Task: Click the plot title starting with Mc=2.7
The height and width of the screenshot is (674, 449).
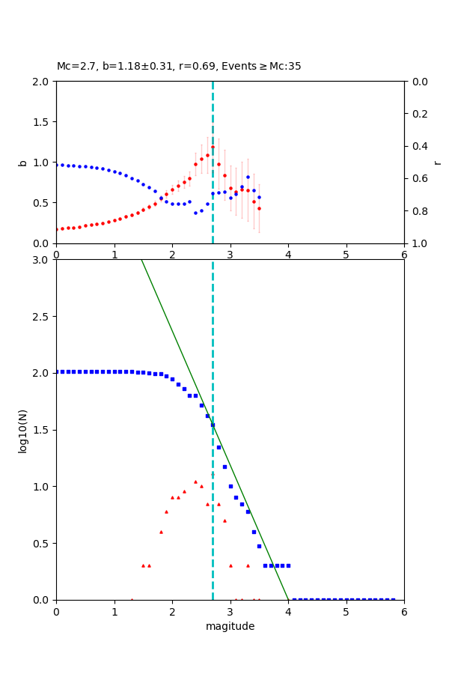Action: click(x=179, y=67)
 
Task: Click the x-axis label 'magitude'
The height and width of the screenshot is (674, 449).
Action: click(x=230, y=626)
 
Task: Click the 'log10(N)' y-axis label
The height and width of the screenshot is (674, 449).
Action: click(x=22, y=430)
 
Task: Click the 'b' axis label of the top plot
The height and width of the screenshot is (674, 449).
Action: click(x=22, y=163)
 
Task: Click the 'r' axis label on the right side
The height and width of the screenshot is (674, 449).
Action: click(x=437, y=163)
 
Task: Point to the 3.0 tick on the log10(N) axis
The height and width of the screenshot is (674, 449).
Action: click(x=43, y=260)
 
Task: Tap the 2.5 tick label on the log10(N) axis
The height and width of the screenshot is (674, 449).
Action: click(x=43, y=317)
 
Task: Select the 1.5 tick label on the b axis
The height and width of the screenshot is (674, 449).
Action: click(x=43, y=122)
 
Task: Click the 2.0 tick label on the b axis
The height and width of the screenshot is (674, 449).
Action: click(x=43, y=82)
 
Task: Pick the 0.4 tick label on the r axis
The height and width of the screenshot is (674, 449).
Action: click(x=417, y=146)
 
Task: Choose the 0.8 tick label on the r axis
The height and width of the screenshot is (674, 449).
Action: click(x=417, y=211)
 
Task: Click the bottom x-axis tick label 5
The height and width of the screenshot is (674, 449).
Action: click(x=346, y=611)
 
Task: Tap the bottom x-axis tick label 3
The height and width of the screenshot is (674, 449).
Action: click(x=230, y=611)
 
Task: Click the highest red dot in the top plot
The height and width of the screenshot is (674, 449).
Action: click(x=213, y=147)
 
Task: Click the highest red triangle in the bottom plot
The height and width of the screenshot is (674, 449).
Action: click(x=195, y=482)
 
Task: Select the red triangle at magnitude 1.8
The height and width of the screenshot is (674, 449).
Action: click(x=161, y=532)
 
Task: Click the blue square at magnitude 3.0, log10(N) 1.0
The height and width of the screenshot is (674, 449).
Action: click(x=230, y=486)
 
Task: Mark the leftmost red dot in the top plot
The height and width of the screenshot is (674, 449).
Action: click(x=56, y=229)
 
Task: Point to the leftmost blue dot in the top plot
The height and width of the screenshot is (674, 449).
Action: click(x=56, y=165)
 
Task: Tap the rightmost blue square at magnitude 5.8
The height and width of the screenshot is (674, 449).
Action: click(x=393, y=599)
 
